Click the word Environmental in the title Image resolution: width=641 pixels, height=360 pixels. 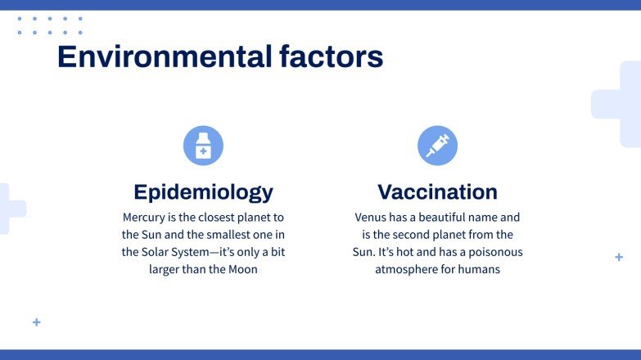coord(165,57)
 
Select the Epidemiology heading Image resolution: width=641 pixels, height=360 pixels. coord(203,192)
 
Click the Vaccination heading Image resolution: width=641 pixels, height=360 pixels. coord(437,192)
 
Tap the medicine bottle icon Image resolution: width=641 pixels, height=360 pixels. coord(203,146)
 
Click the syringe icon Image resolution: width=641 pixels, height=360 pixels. coord(437,146)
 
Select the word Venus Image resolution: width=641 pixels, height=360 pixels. coord(372,218)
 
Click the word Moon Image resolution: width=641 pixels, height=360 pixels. coord(242,269)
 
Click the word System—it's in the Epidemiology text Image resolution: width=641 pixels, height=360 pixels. coord(202,252)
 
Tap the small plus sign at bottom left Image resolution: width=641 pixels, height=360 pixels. coord(36,322)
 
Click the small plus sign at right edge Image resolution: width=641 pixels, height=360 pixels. coord(619,257)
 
